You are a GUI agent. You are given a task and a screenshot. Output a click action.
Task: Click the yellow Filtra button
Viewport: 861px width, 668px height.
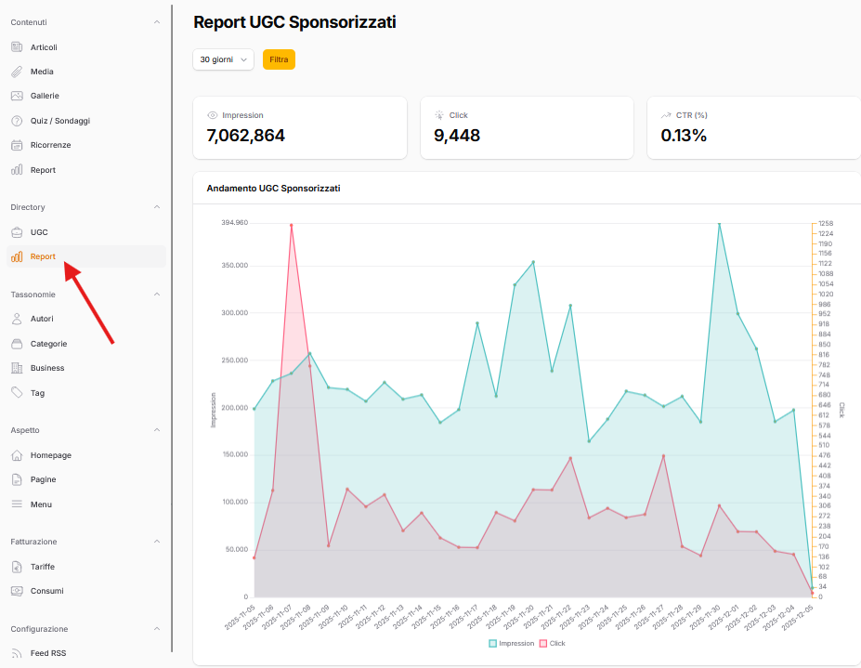tap(279, 59)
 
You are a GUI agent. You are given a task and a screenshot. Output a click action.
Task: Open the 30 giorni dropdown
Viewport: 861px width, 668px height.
tap(223, 59)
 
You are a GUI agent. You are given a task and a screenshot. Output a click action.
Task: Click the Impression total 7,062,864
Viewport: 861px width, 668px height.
tap(245, 136)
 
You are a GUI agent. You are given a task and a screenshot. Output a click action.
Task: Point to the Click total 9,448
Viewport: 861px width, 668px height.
tap(457, 136)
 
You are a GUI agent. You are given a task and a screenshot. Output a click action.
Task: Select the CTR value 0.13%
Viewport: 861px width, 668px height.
tap(684, 136)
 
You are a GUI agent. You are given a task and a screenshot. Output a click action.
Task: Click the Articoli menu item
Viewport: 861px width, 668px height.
tap(44, 47)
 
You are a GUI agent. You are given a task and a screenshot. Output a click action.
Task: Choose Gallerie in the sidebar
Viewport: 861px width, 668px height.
tap(45, 96)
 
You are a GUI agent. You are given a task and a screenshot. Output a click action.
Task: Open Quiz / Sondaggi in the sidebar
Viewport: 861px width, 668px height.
tap(59, 121)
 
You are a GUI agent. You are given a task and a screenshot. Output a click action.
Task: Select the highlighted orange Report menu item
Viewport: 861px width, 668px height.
tap(43, 256)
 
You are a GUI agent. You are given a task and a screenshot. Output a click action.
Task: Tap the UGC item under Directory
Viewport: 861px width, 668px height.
tap(39, 232)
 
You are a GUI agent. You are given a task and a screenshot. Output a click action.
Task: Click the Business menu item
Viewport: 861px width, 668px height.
tap(47, 368)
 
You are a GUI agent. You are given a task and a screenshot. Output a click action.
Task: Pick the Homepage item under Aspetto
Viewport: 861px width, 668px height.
tap(50, 455)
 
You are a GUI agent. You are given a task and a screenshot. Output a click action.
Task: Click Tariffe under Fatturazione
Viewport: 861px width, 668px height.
tap(43, 567)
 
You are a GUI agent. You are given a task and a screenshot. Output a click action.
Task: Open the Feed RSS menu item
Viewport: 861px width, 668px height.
tap(48, 653)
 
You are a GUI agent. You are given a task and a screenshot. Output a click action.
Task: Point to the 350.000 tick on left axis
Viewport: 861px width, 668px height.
tap(234, 266)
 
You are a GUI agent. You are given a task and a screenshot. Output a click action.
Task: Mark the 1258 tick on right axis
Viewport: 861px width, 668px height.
tap(825, 223)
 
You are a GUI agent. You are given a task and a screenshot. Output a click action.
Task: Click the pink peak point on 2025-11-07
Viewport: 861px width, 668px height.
tap(291, 225)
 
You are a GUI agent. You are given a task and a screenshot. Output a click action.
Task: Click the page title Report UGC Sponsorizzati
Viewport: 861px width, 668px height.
tap(294, 22)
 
